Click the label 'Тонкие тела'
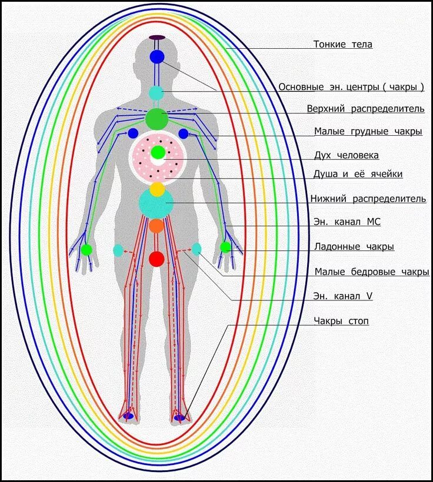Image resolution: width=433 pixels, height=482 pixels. pos(342,44)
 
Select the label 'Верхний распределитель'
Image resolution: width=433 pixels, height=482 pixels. pos(365,109)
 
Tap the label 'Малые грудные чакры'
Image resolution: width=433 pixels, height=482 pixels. pos(368,132)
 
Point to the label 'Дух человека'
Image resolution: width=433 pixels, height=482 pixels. pos(347,155)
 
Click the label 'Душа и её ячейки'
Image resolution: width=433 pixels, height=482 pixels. pos(358,174)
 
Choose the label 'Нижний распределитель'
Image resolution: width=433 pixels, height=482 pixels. pos(368,199)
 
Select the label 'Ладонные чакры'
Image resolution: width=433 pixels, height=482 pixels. pos(354,247)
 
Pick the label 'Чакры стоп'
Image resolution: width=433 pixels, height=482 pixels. pos(341,322)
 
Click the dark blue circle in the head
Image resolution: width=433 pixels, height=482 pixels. pos(156,57)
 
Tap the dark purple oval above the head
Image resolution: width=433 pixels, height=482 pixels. pos(156,38)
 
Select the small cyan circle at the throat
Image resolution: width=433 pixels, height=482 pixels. pos(156,93)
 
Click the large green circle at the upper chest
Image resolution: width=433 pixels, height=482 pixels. pos(156,119)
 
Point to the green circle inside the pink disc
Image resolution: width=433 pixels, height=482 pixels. pos(158,153)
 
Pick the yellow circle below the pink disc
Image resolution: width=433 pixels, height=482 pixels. pos(157,189)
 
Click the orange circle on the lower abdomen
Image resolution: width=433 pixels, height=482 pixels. pos(156,226)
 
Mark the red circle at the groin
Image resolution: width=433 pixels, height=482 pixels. pos(156,259)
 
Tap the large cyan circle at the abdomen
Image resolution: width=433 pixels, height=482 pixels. pos(156,203)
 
